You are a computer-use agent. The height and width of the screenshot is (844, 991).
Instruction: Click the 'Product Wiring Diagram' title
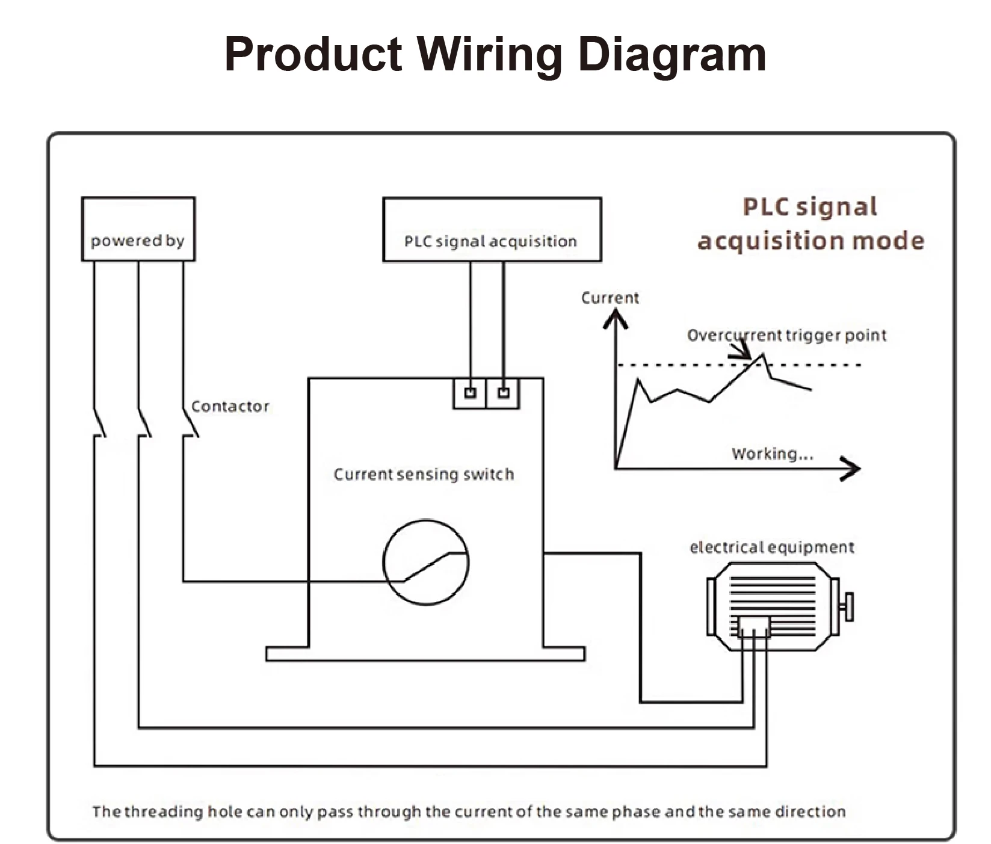pyautogui.click(x=495, y=54)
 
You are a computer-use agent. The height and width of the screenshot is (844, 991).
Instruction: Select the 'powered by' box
pyautogui.click(x=138, y=229)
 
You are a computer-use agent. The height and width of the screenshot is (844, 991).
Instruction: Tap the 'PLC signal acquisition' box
pyautogui.click(x=492, y=230)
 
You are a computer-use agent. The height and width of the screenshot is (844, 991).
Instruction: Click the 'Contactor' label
pyautogui.click(x=230, y=407)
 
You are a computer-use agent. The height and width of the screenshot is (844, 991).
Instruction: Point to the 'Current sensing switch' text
pyautogui.click(x=424, y=475)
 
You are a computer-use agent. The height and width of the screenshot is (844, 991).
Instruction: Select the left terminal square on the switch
pyautogui.click(x=471, y=393)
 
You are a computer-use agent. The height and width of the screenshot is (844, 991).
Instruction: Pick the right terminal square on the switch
pyautogui.click(x=504, y=393)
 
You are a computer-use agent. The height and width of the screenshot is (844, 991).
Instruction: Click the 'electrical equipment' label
pyautogui.click(x=772, y=547)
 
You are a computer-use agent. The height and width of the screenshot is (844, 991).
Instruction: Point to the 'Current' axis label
pyautogui.click(x=610, y=298)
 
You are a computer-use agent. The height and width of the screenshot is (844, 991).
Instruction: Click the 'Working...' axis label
pyautogui.click(x=773, y=454)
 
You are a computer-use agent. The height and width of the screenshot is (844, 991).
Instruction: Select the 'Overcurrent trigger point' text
pyautogui.click(x=787, y=335)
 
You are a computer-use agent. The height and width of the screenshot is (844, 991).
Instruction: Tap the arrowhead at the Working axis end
pyautogui.click(x=851, y=469)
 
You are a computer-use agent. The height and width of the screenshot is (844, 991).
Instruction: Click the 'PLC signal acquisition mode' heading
pyautogui.click(x=810, y=224)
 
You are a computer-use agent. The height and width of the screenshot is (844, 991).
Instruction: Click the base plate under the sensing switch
pyautogui.click(x=425, y=654)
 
